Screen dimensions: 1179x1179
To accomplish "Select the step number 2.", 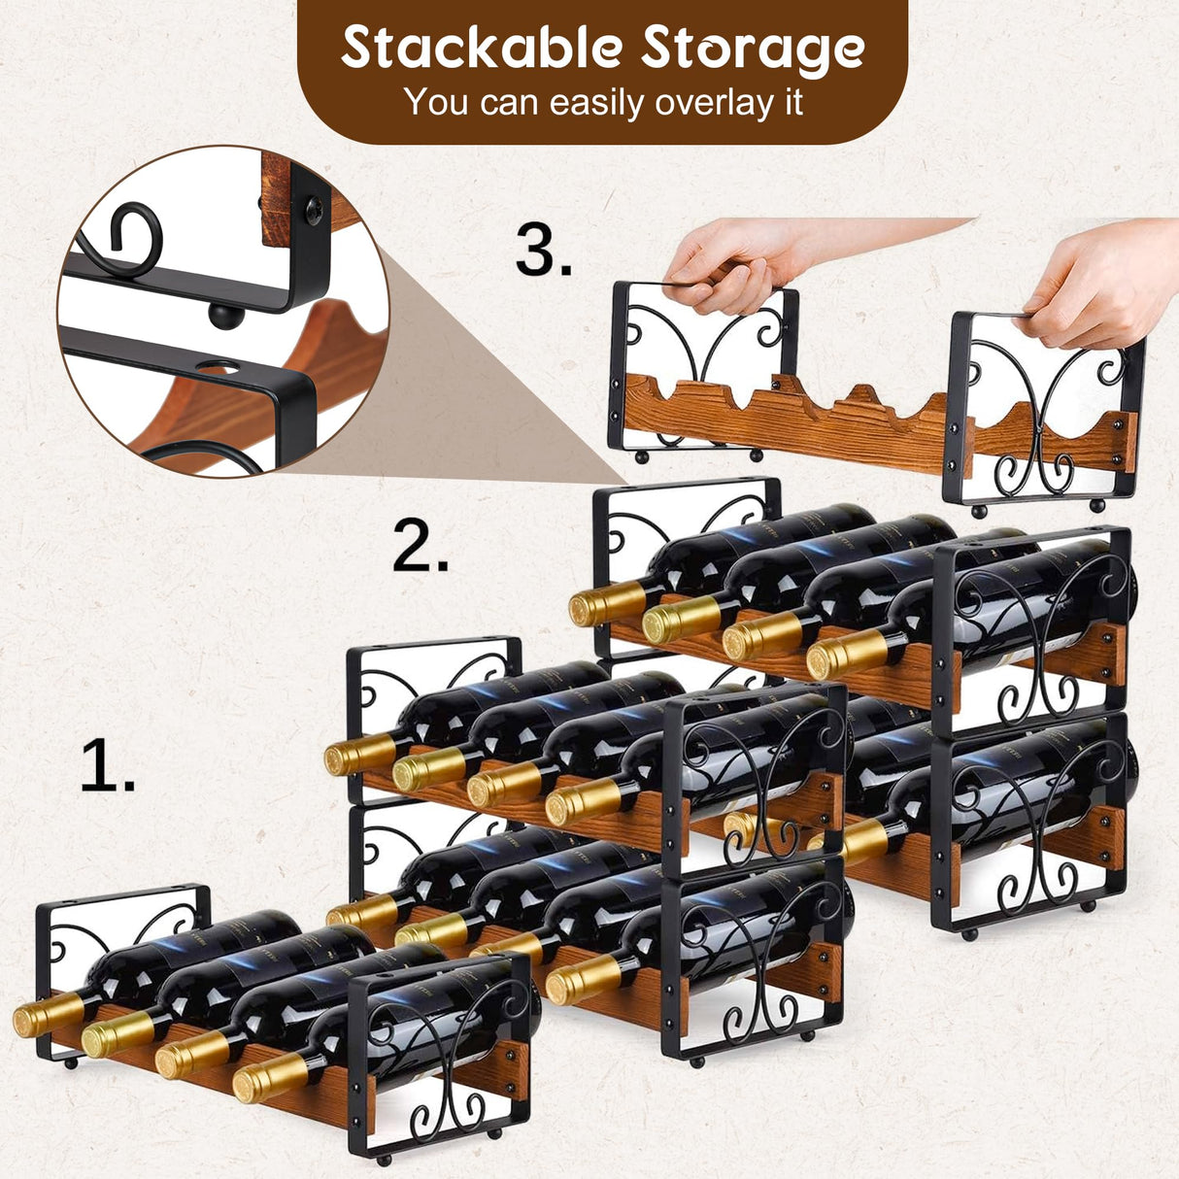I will [421, 547].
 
